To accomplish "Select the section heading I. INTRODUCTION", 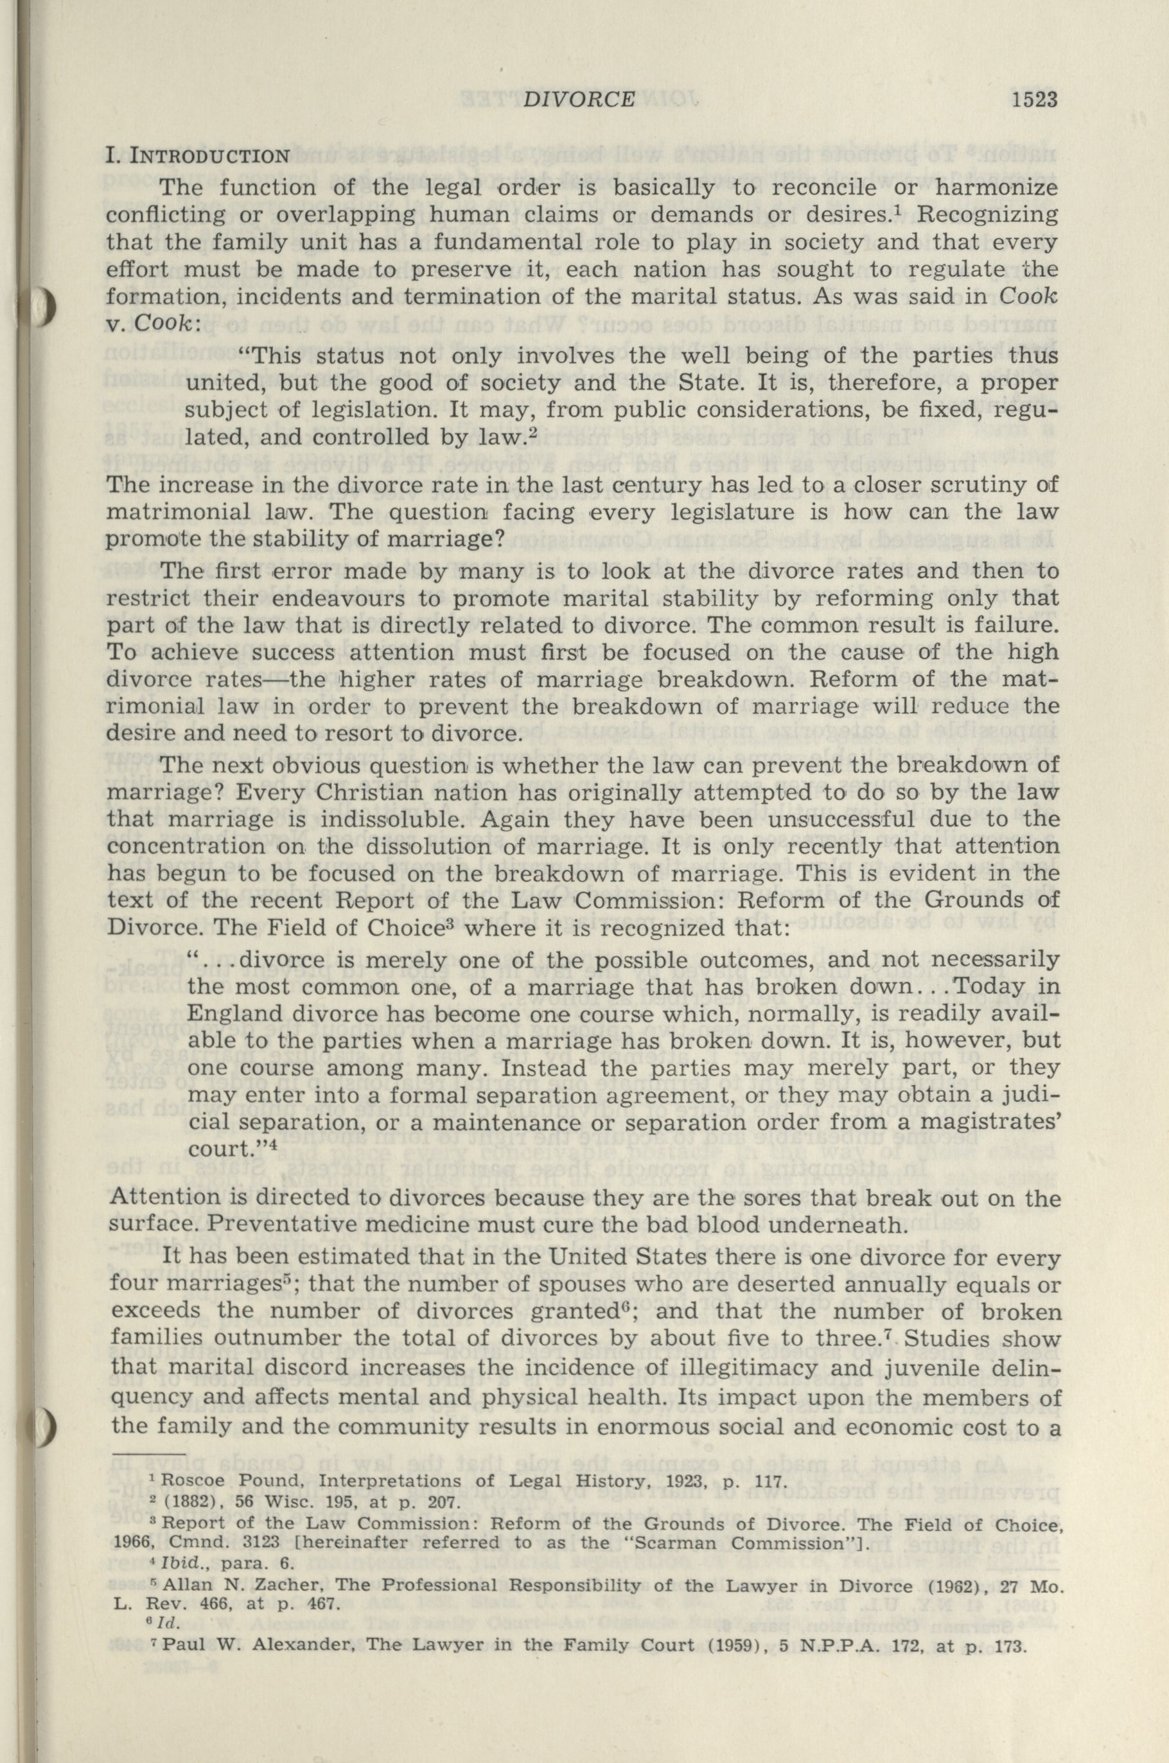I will (x=198, y=157).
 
